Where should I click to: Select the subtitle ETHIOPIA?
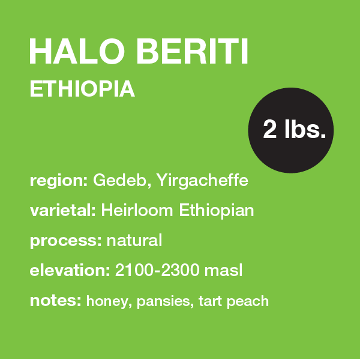pyautogui.click(x=82, y=89)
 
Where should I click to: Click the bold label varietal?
pyautogui.click(x=64, y=211)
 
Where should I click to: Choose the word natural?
pyautogui.click(x=134, y=241)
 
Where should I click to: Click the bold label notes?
pyautogui.click(x=55, y=300)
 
